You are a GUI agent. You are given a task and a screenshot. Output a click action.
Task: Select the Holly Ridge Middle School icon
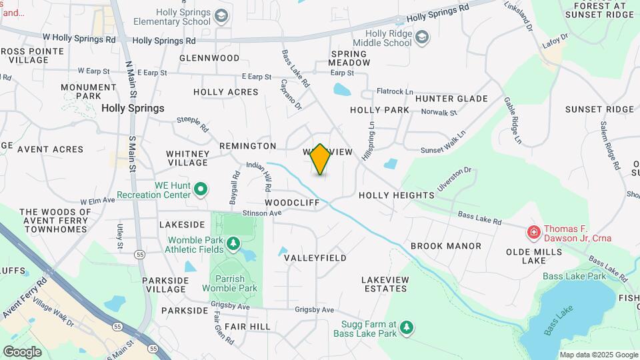421,37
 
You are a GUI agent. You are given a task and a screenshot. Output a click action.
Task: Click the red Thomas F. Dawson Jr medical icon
533,233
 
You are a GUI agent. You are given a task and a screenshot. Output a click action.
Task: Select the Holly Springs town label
133,108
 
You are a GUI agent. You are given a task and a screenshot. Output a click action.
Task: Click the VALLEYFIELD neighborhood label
315,257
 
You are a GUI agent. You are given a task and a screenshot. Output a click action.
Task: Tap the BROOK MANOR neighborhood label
445,246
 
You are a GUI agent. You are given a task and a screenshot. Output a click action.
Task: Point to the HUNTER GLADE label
451,99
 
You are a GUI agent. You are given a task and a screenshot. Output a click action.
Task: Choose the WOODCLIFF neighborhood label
291,201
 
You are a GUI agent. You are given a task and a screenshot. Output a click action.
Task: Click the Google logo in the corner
21,351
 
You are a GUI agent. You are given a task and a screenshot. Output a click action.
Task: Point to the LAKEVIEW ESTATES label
384,284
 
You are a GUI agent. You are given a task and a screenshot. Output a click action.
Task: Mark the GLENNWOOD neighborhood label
209,58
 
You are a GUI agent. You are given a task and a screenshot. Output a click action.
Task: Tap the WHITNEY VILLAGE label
187,158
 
